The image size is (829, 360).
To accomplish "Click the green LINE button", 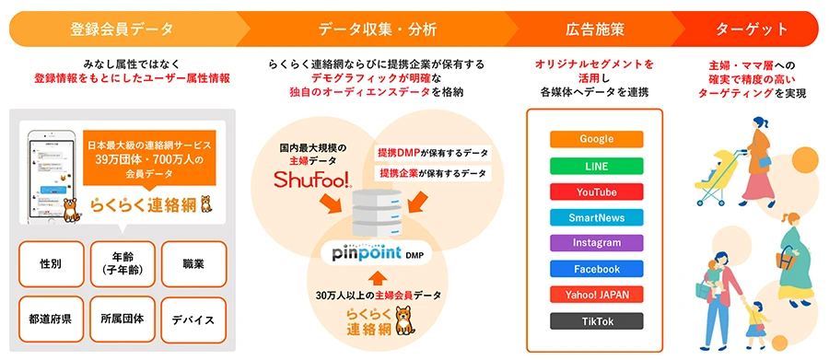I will pyautogui.click(x=596, y=166).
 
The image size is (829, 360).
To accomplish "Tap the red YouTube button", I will pyautogui.click(x=596, y=192).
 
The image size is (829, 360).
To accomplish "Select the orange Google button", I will pyautogui.click(x=596, y=139).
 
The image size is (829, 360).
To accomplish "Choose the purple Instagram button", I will pyautogui.click(x=596, y=243).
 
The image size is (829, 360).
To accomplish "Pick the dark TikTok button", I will pyautogui.click(x=596, y=321).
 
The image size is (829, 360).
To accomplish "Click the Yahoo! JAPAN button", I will pyautogui.click(x=596, y=295).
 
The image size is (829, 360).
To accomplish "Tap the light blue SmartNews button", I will pyautogui.click(x=596, y=217).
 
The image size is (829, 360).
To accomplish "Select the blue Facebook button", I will pyautogui.click(x=596, y=269).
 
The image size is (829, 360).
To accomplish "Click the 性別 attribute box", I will pyautogui.click(x=51, y=264).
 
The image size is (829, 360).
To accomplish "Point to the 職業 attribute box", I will pyautogui.click(x=193, y=264).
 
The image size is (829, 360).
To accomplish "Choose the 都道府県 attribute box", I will pyautogui.click(x=51, y=319).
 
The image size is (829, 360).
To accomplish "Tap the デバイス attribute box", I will pyautogui.click(x=193, y=319).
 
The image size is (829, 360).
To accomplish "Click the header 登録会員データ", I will pyautogui.click(x=121, y=29).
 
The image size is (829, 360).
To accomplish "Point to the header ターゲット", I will pyautogui.click(x=752, y=29).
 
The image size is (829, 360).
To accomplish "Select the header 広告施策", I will pyautogui.click(x=593, y=29).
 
